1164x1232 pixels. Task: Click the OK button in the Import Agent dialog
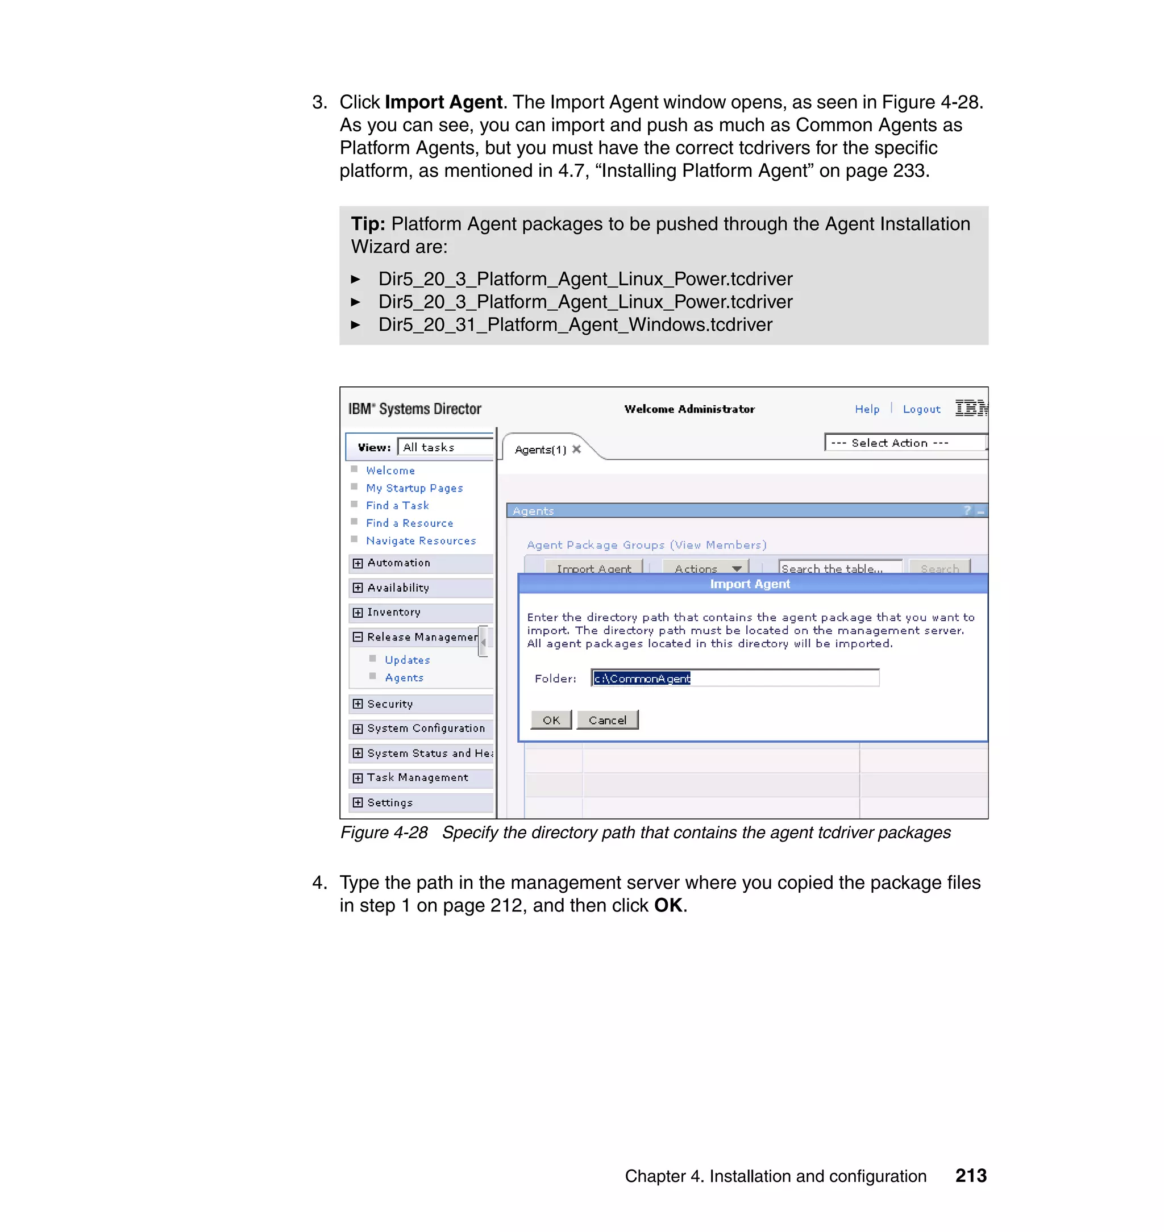[x=551, y=719]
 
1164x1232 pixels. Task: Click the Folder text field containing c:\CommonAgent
[x=735, y=678]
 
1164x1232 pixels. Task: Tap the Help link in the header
[x=867, y=409]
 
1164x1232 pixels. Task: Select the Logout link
[x=921, y=409]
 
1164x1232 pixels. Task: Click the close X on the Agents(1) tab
[x=577, y=449]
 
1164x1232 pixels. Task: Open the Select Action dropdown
[x=905, y=442]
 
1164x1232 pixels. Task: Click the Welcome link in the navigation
[x=390, y=470]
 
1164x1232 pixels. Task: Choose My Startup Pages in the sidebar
[x=414, y=488]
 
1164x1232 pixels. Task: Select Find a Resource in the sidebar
[x=410, y=523]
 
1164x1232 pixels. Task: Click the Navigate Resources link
[x=421, y=540]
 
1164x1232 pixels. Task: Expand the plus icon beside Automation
[x=358, y=563]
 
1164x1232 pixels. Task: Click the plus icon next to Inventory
[x=358, y=612]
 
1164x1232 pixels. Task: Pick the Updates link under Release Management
[x=407, y=659]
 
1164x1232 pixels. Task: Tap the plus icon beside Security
[x=358, y=704]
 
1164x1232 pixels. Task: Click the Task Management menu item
[x=418, y=777]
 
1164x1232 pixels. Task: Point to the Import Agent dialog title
[x=750, y=584]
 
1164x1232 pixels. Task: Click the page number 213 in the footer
[x=971, y=1176]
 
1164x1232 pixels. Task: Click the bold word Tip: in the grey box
[x=368, y=224]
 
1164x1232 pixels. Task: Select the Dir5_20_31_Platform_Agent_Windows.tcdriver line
[x=575, y=324]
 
